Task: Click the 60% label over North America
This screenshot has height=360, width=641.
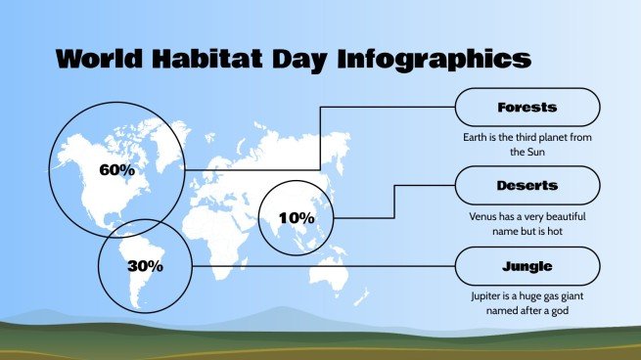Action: click(117, 169)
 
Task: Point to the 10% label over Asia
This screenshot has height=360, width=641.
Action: click(297, 217)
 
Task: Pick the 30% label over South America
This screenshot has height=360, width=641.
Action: click(145, 265)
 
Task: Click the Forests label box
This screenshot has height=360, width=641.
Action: click(527, 107)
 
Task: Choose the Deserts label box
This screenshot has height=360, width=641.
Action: click(527, 185)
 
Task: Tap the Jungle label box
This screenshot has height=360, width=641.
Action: click(527, 265)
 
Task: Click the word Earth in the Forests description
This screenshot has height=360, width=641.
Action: click(477, 138)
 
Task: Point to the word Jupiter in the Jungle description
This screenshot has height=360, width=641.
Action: click(488, 295)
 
